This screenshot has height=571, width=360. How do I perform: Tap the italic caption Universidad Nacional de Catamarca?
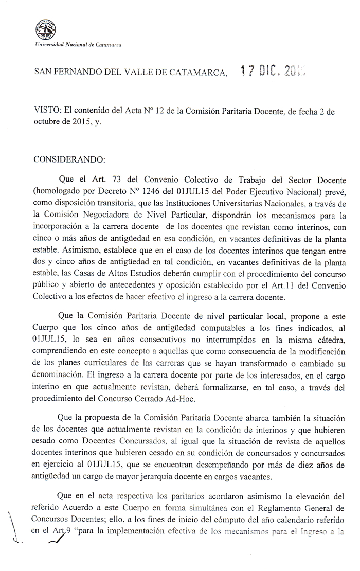pos(77,46)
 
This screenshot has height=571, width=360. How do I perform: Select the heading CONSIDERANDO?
pos(69,159)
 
